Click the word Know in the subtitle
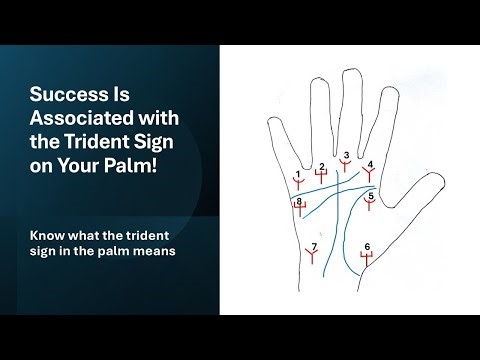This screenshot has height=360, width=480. point(48,236)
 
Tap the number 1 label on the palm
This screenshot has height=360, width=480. point(298,175)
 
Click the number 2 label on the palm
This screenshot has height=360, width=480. point(321,166)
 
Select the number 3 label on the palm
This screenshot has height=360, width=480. point(345,155)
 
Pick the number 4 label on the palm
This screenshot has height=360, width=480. point(370,164)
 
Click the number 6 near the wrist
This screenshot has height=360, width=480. point(367,246)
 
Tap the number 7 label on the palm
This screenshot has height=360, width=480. point(314,246)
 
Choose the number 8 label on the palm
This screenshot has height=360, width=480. point(299,202)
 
